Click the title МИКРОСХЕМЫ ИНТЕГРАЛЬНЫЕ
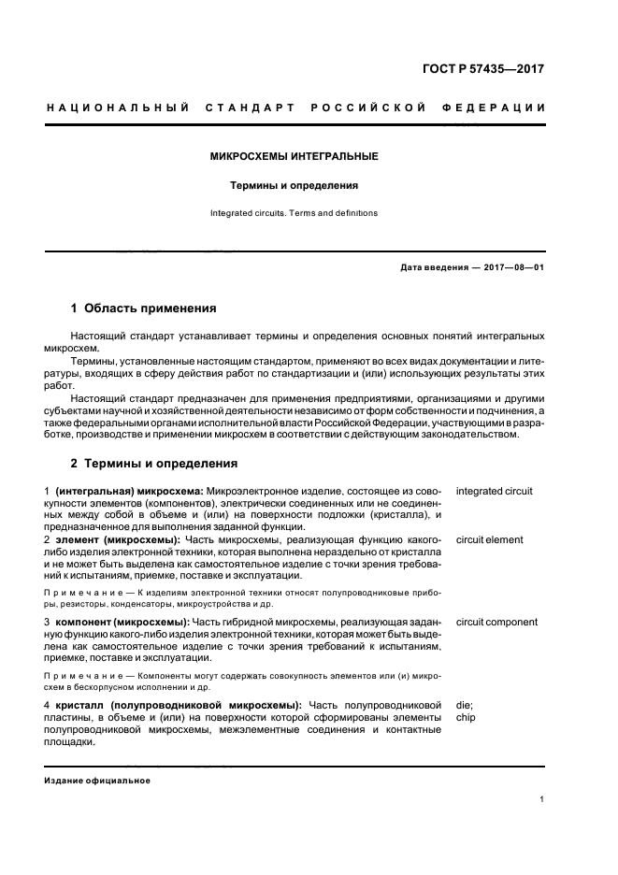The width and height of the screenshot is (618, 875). tap(295, 156)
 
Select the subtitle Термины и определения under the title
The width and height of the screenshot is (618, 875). tap(295, 185)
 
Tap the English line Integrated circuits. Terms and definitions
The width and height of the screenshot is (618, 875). tap(295, 213)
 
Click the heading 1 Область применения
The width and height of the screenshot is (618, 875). tap(144, 308)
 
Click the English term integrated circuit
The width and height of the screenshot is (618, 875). tap(494, 491)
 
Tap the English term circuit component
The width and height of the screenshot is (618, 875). tap(496, 622)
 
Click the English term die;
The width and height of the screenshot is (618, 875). tap(465, 704)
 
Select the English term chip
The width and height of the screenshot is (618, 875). tap(466, 717)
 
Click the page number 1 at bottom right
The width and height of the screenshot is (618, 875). tap(542, 799)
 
